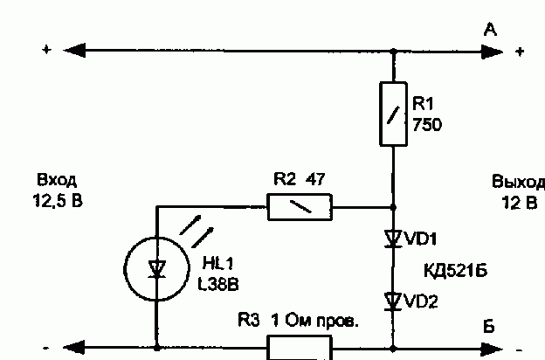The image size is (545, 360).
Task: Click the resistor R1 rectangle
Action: click(393, 114)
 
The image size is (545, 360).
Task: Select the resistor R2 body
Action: click(300, 207)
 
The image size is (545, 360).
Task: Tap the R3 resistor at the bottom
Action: click(300, 348)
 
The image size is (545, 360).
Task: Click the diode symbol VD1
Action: click(393, 239)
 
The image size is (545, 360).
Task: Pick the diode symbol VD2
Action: click(393, 301)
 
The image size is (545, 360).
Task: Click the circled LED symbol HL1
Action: click(156, 269)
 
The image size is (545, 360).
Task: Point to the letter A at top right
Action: click(490, 30)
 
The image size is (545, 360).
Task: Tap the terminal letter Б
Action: click(489, 326)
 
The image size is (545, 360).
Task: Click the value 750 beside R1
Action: click(427, 125)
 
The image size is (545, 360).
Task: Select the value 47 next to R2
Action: click(315, 179)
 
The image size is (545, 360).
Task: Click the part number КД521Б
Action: click(456, 270)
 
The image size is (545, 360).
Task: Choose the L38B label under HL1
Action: click(218, 285)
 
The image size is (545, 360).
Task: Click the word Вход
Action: click(57, 180)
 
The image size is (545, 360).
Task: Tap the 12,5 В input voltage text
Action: click(58, 201)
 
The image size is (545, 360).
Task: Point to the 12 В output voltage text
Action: click(520, 203)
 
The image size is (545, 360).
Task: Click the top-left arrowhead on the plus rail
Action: click(74, 51)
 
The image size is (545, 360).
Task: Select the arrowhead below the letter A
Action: click(493, 52)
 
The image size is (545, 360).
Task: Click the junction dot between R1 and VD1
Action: click(393, 207)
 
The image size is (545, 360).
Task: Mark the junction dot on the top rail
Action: click(393, 52)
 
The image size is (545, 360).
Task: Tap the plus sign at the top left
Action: click(46, 50)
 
